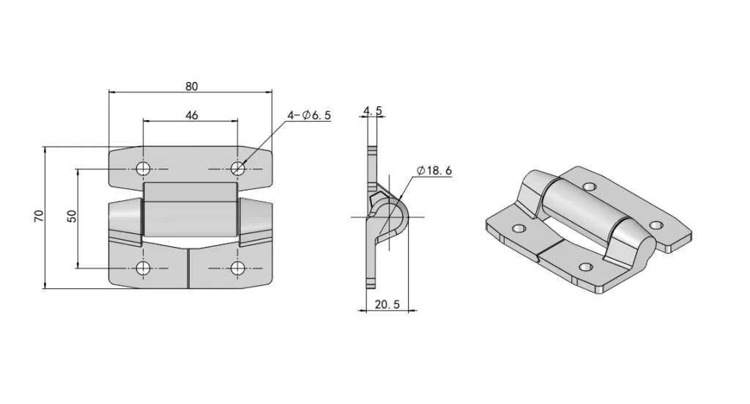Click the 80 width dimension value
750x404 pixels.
click(x=191, y=86)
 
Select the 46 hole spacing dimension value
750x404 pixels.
click(x=191, y=115)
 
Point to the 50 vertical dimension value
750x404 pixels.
click(x=72, y=216)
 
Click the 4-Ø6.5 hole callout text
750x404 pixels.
click(x=309, y=115)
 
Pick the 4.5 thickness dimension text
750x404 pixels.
click(x=372, y=111)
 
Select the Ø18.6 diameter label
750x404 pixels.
click(x=434, y=170)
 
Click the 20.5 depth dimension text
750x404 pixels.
click(x=385, y=305)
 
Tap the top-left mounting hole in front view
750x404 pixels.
click(x=143, y=169)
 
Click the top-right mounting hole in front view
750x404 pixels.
click(x=238, y=169)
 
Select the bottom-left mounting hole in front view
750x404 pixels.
click(x=143, y=268)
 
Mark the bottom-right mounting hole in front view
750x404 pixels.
click(x=238, y=268)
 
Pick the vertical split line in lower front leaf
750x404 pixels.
click(x=189, y=268)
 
